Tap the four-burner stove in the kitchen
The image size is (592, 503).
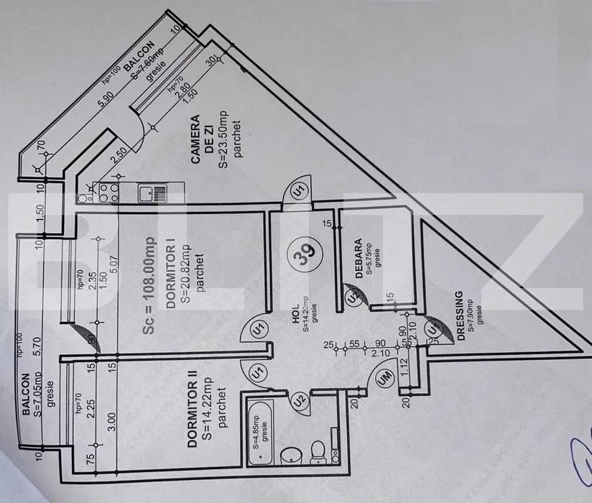pos(108,193)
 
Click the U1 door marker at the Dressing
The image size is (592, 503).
pos(433,328)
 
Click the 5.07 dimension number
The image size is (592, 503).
pos(112,272)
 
